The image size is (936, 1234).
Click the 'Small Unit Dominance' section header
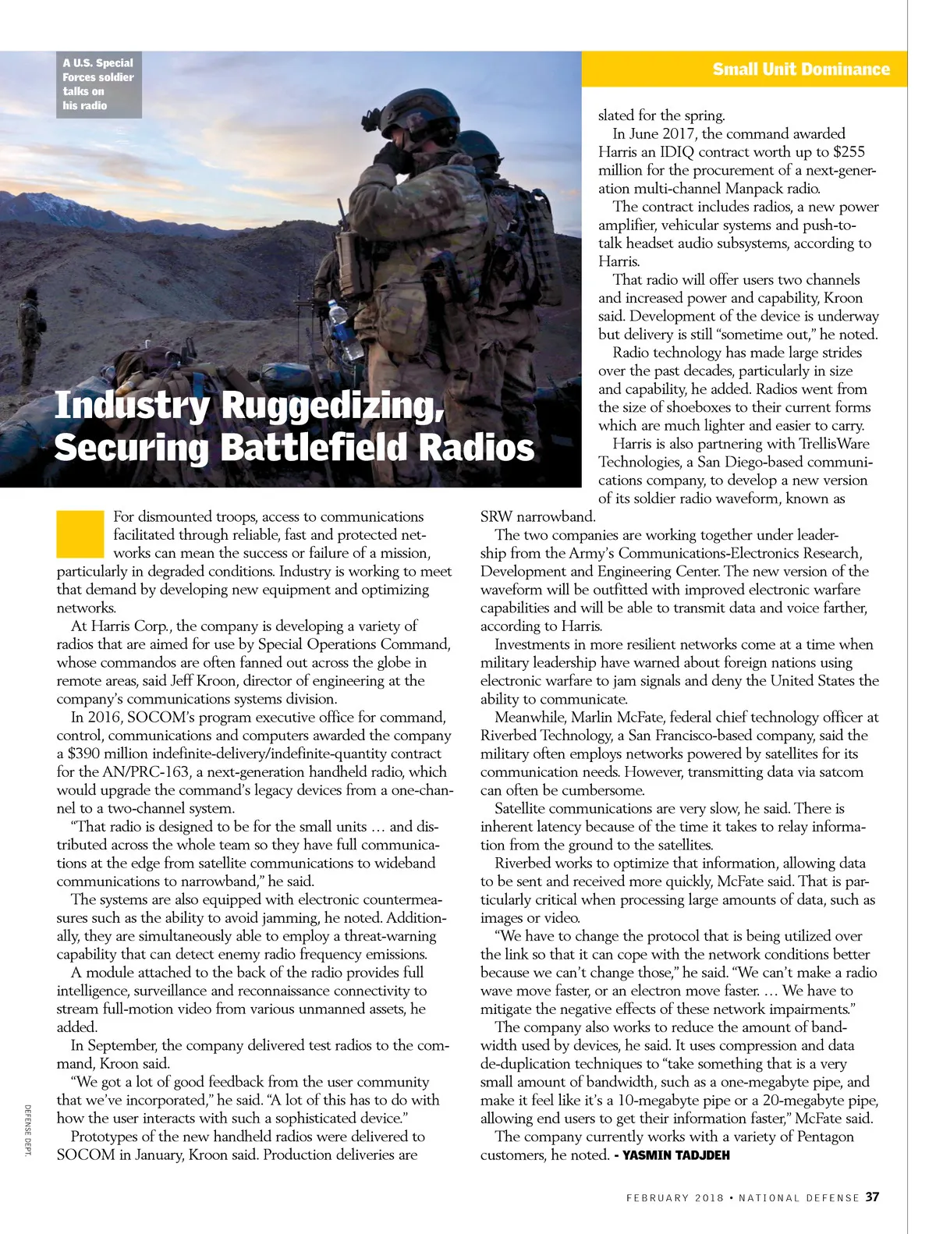[x=800, y=69]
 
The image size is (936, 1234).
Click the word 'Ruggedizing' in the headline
[x=327, y=406]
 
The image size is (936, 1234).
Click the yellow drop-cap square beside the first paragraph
[x=80, y=534]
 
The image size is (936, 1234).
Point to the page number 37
[x=872, y=1197]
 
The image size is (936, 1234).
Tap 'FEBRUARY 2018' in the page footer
[x=673, y=1197]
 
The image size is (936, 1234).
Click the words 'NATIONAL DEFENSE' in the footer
[x=799, y=1197]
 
